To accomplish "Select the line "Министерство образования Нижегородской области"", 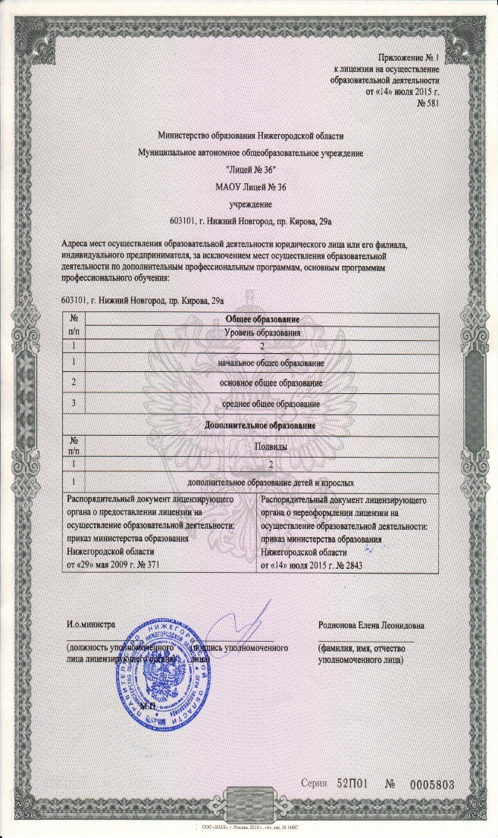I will [x=251, y=136].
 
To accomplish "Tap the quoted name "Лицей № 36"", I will [x=251, y=169].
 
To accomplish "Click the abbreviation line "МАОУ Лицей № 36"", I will [x=251, y=186].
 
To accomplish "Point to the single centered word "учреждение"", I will [x=251, y=203].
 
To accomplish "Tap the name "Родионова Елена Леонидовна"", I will [x=371, y=625].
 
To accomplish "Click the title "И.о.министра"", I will [x=90, y=625].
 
